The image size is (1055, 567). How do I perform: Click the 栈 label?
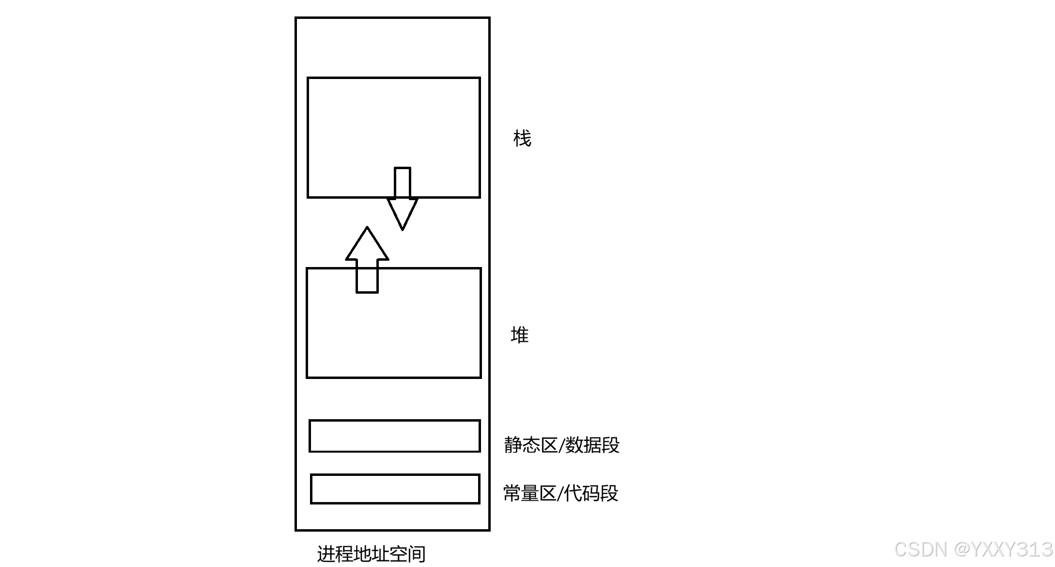click(x=522, y=139)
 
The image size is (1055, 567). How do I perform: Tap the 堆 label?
click(x=520, y=335)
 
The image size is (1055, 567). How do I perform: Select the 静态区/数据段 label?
click(x=561, y=445)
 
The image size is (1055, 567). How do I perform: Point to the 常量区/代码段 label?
click(x=560, y=493)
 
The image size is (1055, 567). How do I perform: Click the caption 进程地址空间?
click(x=371, y=553)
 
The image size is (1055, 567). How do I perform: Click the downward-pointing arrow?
click(x=403, y=204)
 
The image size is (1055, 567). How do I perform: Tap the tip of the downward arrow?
click(x=403, y=228)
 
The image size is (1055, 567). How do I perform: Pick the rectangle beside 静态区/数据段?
click(x=395, y=436)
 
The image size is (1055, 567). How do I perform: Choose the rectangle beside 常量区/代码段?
click(x=395, y=489)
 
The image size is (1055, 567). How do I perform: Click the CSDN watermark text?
click(x=920, y=550)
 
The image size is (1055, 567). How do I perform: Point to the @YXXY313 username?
click(x=1003, y=550)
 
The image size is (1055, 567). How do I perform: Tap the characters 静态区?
click(x=530, y=445)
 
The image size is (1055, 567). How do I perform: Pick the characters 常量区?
click(x=529, y=493)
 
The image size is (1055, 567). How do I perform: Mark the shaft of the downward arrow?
click(x=403, y=183)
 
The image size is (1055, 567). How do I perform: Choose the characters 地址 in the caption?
click(x=371, y=553)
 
